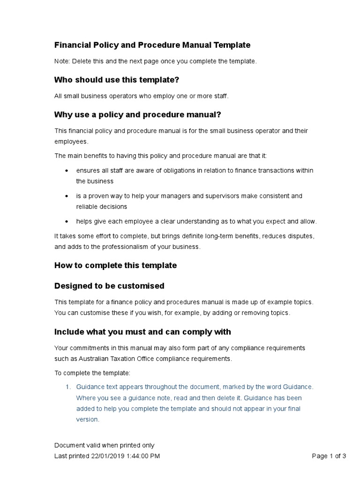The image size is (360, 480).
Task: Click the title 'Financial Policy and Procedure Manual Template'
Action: (x=152, y=45)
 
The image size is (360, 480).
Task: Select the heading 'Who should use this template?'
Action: (x=117, y=80)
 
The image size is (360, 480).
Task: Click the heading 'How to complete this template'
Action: (x=115, y=265)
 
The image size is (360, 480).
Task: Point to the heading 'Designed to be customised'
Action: (x=109, y=286)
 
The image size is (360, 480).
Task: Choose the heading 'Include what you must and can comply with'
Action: (x=142, y=332)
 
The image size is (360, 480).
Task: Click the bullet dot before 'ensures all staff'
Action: (x=66, y=171)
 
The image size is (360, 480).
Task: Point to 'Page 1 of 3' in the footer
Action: (x=329, y=456)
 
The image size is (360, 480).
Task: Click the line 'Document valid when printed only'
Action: (x=104, y=445)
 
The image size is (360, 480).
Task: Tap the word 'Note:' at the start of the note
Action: (x=62, y=61)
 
